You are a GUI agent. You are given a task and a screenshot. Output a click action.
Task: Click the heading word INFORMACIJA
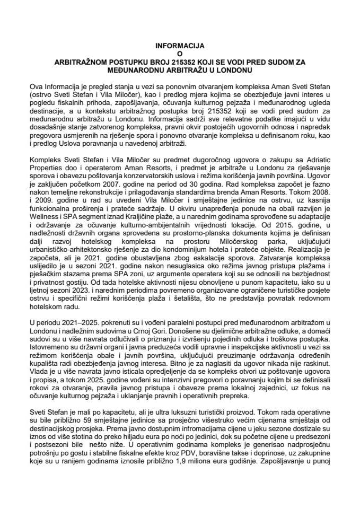tap(179, 46)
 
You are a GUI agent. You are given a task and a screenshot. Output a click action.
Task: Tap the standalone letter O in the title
tap(179, 54)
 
